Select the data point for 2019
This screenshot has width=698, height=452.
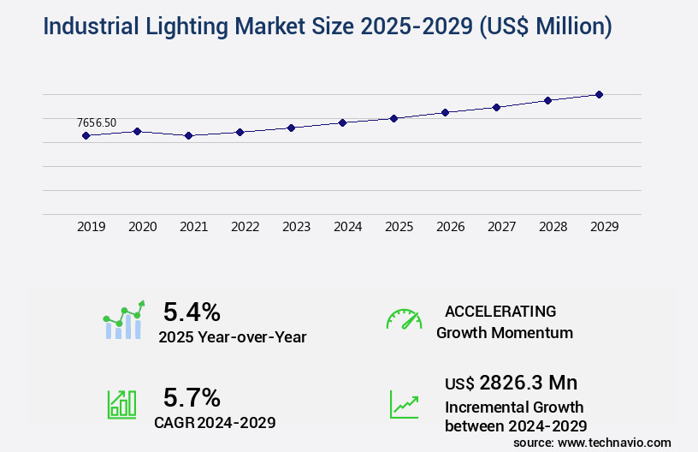pyautogui.click(x=86, y=135)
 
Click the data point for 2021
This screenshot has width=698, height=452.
pyautogui.click(x=188, y=135)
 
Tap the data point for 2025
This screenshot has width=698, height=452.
pyautogui.click(x=393, y=118)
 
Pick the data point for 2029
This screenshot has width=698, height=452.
pyautogui.click(x=599, y=94)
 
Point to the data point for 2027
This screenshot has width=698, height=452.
pyautogui.click(x=496, y=107)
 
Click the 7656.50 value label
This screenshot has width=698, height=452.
pyautogui.click(x=96, y=123)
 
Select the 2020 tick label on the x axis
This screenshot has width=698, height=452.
pyautogui.click(x=142, y=227)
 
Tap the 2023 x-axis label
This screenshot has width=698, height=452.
pyautogui.click(x=296, y=227)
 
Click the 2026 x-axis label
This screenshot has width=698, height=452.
pyautogui.click(x=450, y=227)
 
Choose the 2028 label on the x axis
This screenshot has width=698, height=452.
pyautogui.click(x=553, y=227)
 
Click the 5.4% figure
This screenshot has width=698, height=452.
pyautogui.click(x=192, y=312)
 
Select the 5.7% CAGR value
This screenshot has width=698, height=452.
pyautogui.click(x=192, y=397)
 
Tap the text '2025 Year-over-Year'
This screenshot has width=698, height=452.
pyautogui.click(x=232, y=337)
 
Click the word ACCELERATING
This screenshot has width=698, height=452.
pyautogui.click(x=500, y=312)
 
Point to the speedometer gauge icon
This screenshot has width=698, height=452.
pyautogui.click(x=404, y=319)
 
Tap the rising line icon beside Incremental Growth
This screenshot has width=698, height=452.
pyautogui.click(x=404, y=405)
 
